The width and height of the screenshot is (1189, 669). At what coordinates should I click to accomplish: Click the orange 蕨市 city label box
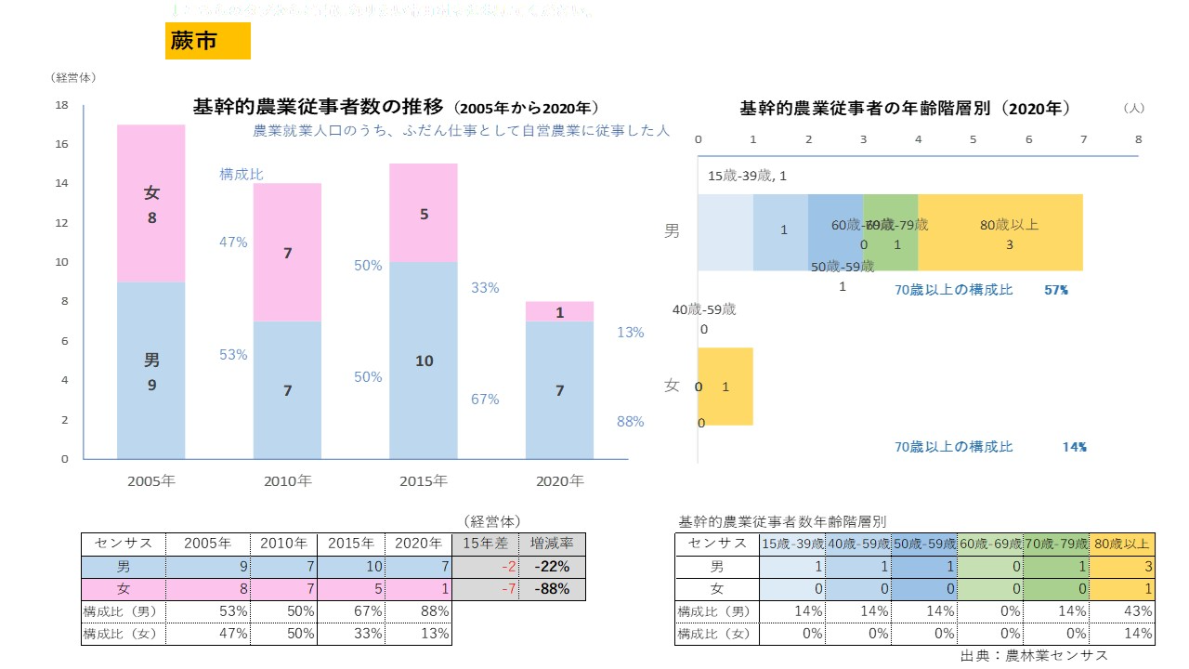coord(207,41)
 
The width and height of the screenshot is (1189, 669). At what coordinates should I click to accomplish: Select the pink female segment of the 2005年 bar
coord(151,203)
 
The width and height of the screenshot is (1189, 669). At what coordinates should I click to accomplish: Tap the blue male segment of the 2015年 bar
coord(424,360)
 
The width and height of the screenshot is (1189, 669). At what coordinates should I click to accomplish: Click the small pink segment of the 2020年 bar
coord(560,311)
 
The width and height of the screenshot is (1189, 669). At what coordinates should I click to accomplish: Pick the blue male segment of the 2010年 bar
coord(287,390)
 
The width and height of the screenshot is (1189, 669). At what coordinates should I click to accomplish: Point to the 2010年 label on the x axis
coord(288,481)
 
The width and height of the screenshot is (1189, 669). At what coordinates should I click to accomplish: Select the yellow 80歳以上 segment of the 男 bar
coord(1000,232)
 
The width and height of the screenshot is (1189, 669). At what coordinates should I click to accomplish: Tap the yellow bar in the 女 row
coord(725,387)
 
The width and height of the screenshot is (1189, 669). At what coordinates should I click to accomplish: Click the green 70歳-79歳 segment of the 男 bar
coord(891,232)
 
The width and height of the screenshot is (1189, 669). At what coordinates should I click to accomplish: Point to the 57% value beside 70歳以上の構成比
coord(1056,290)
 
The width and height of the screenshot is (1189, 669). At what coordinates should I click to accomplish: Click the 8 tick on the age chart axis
coord(1138,138)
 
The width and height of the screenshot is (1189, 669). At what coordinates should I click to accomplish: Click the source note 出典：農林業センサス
coord(1034,655)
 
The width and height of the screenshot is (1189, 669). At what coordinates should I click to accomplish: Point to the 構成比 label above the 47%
coord(241,174)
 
